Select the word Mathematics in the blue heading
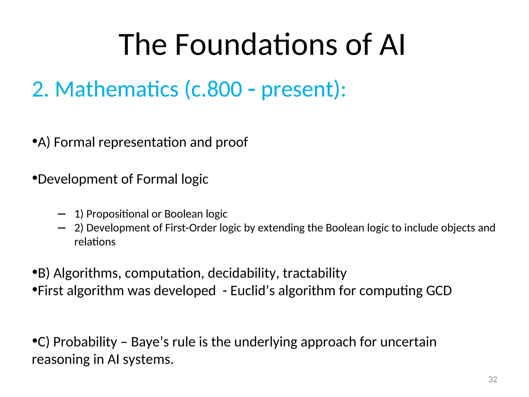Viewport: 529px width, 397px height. click(117, 89)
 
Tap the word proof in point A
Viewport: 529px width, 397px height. click(231, 143)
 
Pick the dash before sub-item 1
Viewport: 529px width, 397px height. click(62, 214)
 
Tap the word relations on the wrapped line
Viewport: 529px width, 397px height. click(95, 242)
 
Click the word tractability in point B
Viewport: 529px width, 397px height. click(314, 273)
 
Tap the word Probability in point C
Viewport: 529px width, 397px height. click(85, 342)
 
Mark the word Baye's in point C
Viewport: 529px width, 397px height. click(150, 342)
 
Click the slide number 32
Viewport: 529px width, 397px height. click(493, 379)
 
